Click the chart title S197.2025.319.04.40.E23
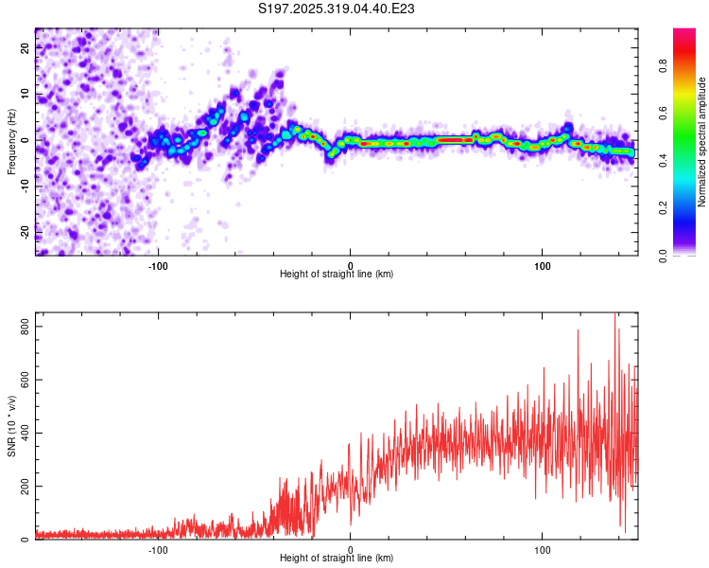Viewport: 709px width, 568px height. pos(337,9)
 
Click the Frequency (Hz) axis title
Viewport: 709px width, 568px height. pos(11,142)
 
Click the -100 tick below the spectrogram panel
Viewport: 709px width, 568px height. pos(158,265)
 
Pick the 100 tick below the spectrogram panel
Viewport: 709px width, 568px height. pos(543,265)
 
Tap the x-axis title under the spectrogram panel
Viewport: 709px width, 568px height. pos(337,275)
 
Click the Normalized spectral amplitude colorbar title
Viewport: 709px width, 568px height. pos(702,142)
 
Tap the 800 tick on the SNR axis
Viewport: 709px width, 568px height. pos(23,326)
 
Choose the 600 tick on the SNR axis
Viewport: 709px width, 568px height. pos(23,380)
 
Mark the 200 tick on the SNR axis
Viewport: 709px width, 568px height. pos(23,487)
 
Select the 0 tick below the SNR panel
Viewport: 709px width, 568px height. pos(351,549)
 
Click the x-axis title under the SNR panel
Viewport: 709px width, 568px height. pos(337,559)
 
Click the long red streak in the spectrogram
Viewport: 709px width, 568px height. pos(455,140)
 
